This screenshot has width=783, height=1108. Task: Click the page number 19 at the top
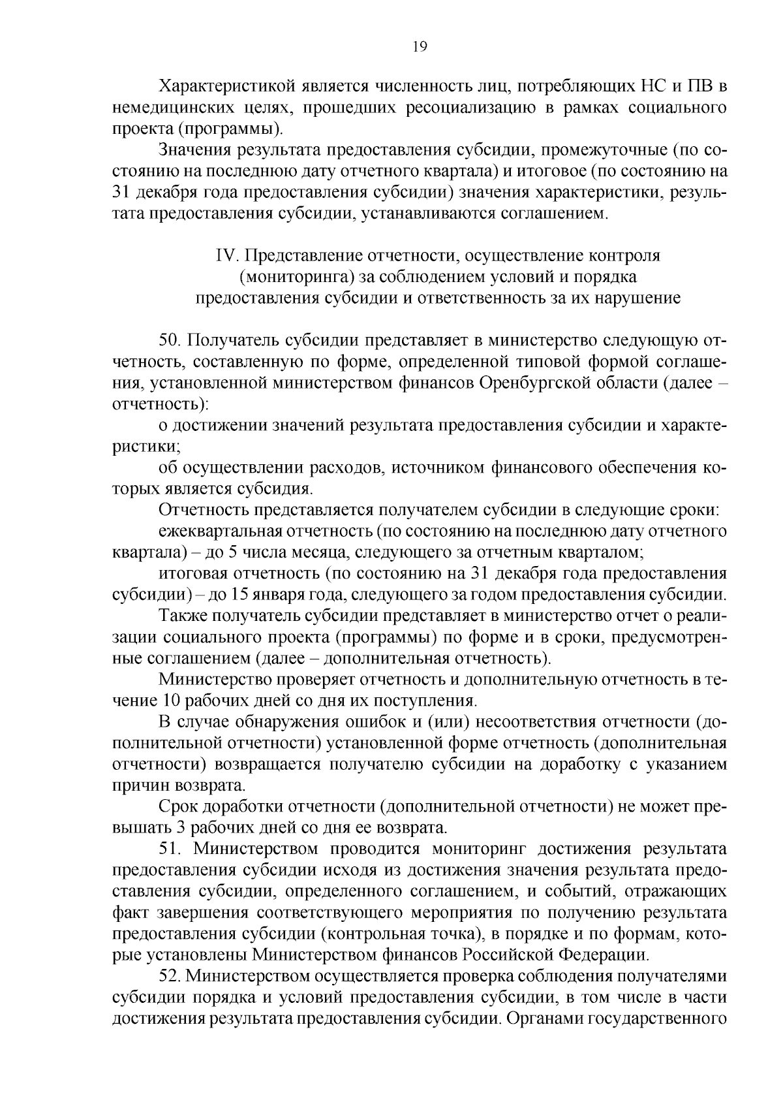[420, 46]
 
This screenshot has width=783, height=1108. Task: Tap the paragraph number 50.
[171, 340]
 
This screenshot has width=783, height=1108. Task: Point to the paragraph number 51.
[171, 849]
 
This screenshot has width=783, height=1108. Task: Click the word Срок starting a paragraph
[176, 807]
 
